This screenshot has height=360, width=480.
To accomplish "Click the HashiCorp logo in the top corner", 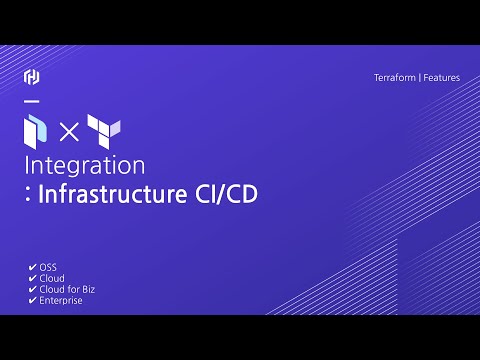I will [31, 77].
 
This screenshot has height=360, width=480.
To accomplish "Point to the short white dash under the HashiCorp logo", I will [31, 101].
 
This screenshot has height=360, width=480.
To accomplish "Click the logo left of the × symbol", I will [35, 129].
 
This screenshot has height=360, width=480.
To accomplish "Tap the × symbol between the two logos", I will [67, 130].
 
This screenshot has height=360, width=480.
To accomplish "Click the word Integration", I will [85, 164].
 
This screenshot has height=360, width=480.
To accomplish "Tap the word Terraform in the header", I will [395, 77].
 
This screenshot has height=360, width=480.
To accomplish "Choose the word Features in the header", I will [441, 77].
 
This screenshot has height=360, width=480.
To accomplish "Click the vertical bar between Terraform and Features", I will [419, 77].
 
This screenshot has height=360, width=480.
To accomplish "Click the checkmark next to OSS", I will [33, 268].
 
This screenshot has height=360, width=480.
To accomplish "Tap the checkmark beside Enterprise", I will [33, 300].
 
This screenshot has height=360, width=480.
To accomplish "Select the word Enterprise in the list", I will [61, 300].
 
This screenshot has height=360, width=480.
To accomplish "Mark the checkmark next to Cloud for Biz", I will [33, 289].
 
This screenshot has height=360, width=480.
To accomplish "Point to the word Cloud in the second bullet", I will [52, 279].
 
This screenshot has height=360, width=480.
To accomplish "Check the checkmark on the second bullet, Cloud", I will [33, 279].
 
